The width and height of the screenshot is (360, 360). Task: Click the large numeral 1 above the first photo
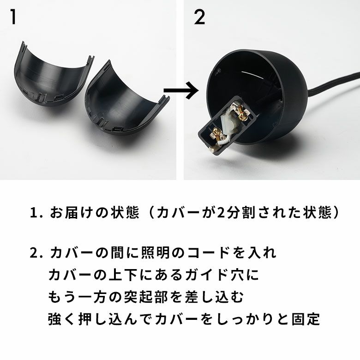click(13, 17)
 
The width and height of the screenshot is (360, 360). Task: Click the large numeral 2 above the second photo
click(199, 18)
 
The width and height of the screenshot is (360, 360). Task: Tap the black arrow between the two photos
click(181, 90)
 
